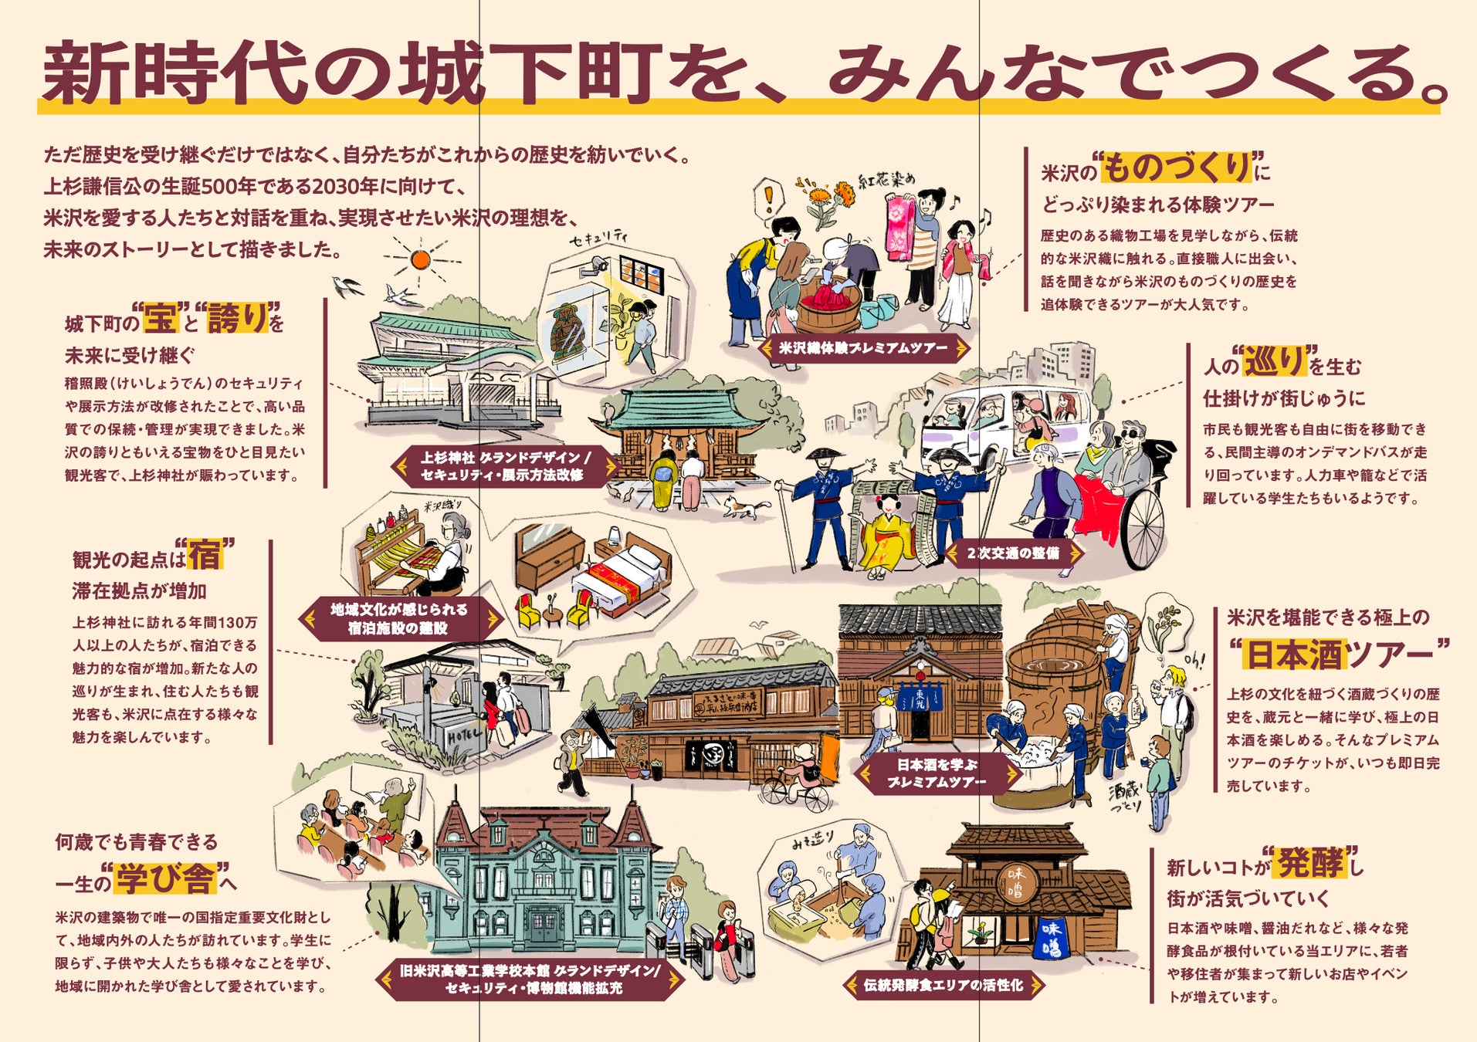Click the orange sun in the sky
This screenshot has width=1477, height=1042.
[419, 259]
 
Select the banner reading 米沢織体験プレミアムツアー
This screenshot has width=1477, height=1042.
[863, 348]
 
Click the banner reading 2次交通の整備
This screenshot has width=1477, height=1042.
[1012, 553]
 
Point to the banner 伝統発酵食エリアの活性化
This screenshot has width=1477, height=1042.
[943, 985]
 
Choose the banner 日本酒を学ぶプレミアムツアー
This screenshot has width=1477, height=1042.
[937, 773]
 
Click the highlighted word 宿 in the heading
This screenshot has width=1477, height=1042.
[205, 554]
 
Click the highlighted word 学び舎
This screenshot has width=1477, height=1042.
[164, 878]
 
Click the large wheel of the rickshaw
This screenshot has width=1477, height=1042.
[1143, 528]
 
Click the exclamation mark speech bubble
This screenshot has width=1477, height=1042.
[767, 198]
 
